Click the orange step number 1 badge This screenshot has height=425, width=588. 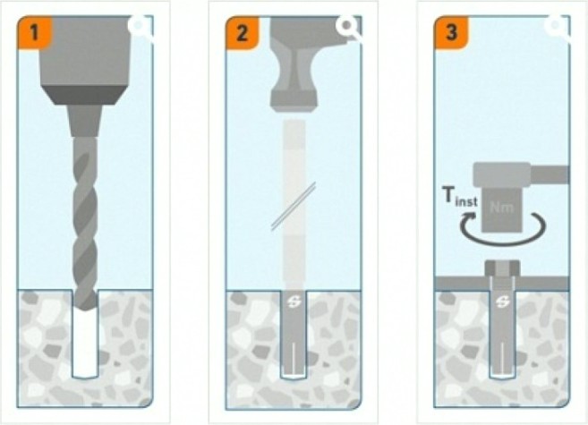coord(34,32)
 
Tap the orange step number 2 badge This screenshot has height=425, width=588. coord(243,32)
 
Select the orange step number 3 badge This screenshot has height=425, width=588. coord(451,32)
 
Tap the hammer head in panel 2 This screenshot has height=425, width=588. coord(294,64)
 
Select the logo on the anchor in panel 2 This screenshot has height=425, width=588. coord(294,302)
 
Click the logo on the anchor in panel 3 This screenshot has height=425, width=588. coord(502,302)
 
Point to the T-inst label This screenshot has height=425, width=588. coord(460,196)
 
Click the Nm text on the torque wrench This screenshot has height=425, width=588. coord(501,208)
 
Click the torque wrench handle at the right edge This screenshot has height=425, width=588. coord(550,174)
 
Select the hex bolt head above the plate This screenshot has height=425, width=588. coord(502,268)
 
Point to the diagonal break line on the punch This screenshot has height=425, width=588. coord(294,206)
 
